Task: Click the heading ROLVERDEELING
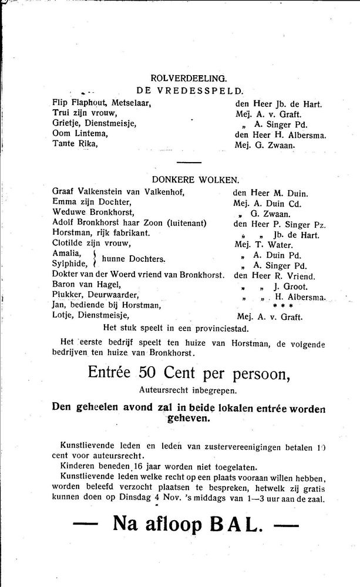tap(189, 77)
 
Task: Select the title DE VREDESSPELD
tap(189, 90)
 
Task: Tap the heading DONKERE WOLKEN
tap(189, 180)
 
